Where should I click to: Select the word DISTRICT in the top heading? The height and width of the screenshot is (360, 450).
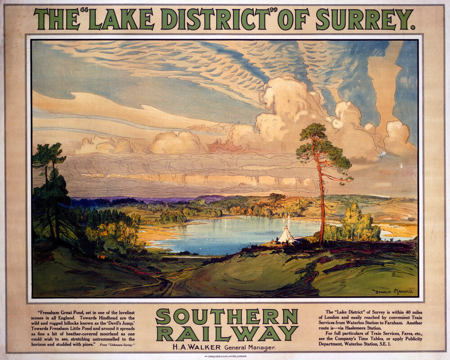pyautogui.click(x=215, y=19)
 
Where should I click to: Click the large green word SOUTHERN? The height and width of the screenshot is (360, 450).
pyautogui.click(x=226, y=316)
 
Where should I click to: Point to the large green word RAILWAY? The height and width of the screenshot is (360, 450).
pyautogui.click(x=226, y=333)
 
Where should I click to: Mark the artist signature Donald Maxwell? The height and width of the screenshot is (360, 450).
pyautogui.click(x=393, y=291)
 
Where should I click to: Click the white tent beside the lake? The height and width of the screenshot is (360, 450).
pyautogui.click(x=286, y=235)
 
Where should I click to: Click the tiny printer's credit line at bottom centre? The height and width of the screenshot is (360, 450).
pyautogui.click(x=225, y=355)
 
